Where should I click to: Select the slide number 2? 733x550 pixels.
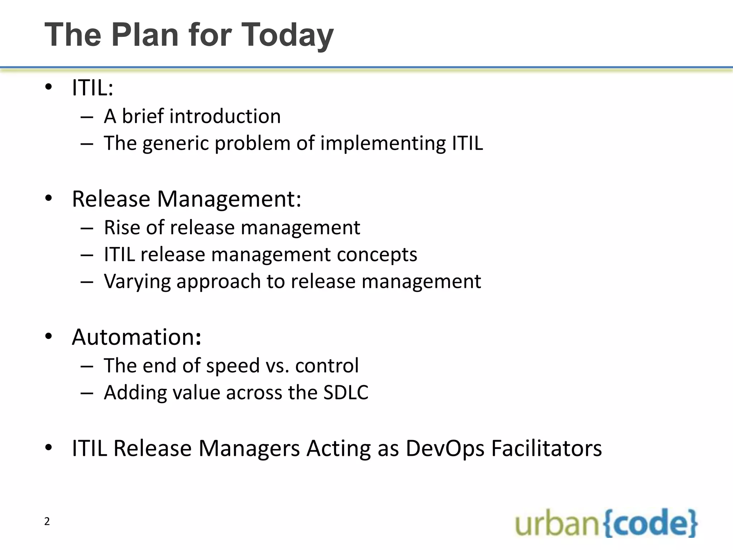(x=47, y=521)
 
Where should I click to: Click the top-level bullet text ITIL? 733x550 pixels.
(x=92, y=87)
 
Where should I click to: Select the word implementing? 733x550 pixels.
(x=383, y=143)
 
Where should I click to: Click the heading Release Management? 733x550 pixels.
(x=186, y=199)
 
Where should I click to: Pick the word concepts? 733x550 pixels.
(x=377, y=255)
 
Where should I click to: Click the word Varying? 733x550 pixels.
(x=137, y=281)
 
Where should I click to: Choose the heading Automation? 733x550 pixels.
(x=136, y=337)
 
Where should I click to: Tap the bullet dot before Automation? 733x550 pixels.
(x=49, y=337)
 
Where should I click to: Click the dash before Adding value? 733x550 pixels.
(x=87, y=393)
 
